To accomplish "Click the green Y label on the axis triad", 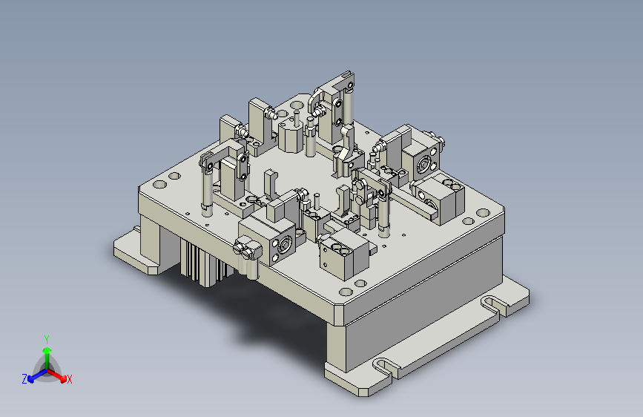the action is click(47, 340).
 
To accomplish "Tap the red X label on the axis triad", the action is click(69, 379).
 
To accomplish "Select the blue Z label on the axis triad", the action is click(24, 379).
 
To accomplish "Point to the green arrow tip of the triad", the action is click(47, 350).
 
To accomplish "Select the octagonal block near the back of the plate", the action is click(290, 137).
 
